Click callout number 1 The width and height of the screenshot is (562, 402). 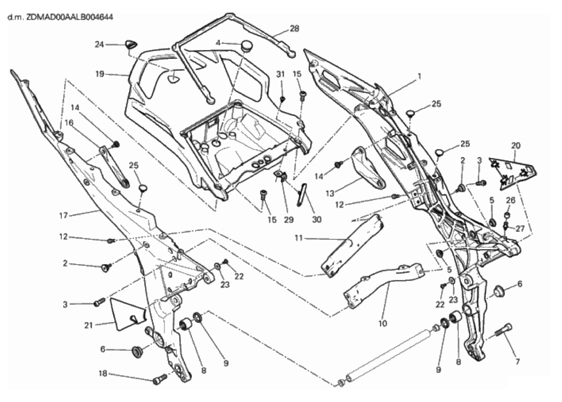(x=419, y=76)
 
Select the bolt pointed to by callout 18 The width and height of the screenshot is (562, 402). (x=160, y=378)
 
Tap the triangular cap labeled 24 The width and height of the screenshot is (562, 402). (x=131, y=45)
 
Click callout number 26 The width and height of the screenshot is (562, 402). (x=510, y=200)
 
